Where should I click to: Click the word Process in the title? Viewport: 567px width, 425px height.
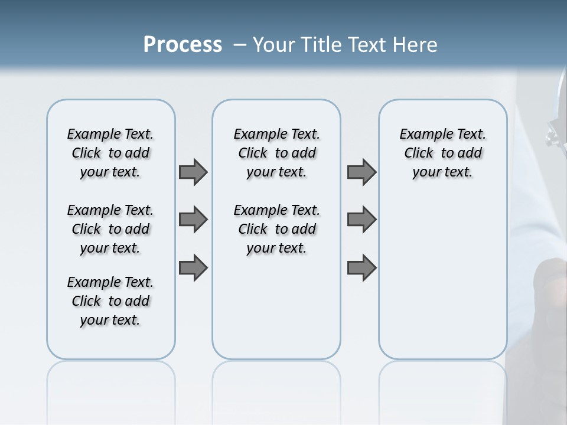[x=183, y=45]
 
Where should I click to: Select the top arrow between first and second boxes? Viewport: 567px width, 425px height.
[x=193, y=172]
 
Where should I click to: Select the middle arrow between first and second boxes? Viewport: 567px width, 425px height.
[x=193, y=220]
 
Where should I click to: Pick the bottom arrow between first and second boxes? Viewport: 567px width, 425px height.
[x=193, y=268]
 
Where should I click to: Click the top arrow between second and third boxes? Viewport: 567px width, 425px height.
[x=361, y=172]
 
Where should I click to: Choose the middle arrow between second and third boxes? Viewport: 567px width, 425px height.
[x=361, y=220]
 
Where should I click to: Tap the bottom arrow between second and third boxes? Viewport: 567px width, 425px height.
[x=361, y=268]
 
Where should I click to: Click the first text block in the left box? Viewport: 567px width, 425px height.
[x=110, y=153]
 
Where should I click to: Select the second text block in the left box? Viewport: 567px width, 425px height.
[x=110, y=229]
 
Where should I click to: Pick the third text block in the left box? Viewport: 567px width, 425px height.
[x=110, y=301]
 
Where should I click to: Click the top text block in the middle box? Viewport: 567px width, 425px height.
[x=276, y=153]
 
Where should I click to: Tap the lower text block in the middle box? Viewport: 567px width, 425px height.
[x=276, y=229]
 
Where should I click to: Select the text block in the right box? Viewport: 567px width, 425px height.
[x=442, y=153]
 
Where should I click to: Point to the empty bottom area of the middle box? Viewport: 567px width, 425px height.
[x=276, y=313]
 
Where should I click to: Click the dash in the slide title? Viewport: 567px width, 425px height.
[x=240, y=45]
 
